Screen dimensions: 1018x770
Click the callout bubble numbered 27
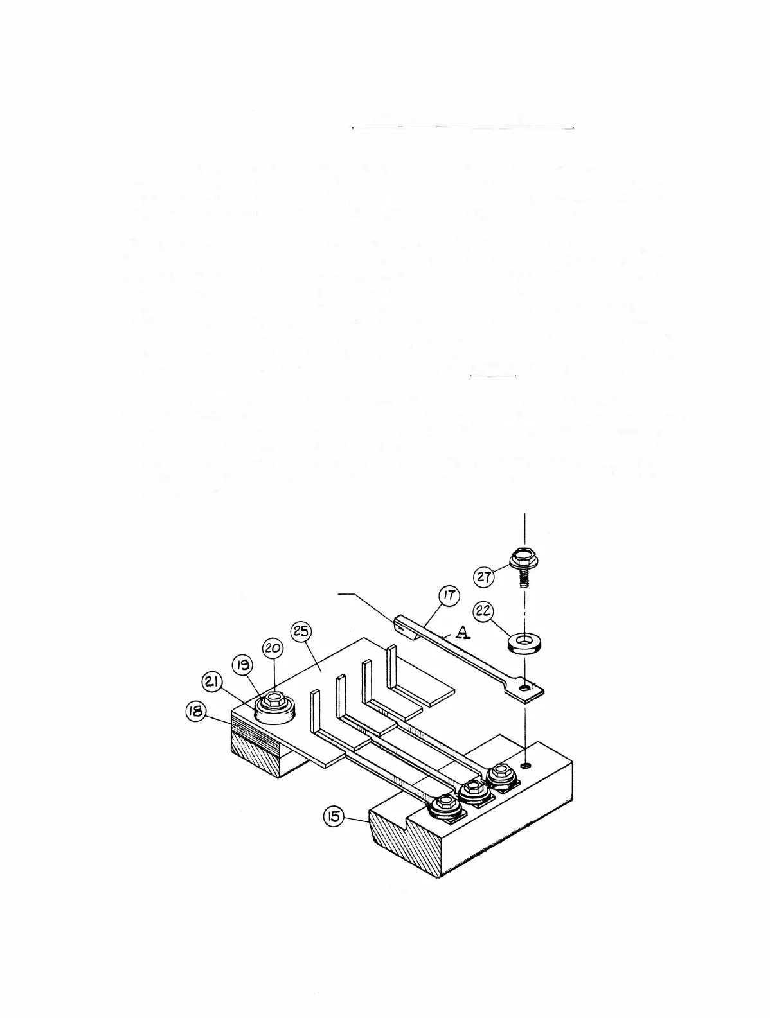point(484,576)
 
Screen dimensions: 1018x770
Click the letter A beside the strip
point(461,634)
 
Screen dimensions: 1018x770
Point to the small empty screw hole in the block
point(526,765)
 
